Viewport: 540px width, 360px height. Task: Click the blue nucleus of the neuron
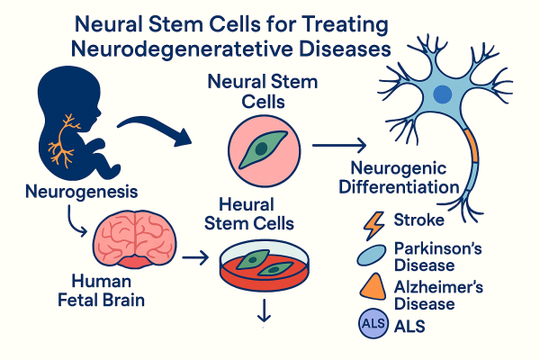442,93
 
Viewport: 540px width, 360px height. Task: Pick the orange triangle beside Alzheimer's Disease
371,289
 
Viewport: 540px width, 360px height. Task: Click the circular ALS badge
370,323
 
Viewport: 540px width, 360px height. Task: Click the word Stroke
418,220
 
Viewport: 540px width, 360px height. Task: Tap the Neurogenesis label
67,191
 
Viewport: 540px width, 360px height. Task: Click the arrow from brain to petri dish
194,260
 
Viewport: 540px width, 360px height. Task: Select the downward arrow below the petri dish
264,311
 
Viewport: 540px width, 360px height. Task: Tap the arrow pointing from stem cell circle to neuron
338,145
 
